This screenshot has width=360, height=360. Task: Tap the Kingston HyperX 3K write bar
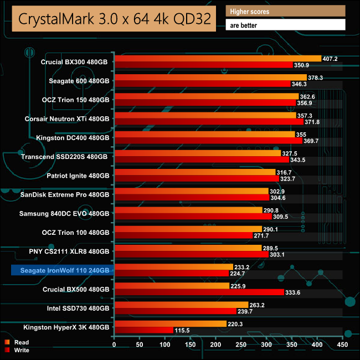[x=143, y=330]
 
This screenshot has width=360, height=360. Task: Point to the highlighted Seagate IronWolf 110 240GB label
[x=62, y=270]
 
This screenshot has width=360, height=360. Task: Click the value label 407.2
[x=331, y=58]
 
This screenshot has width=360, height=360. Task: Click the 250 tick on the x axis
[x=241, y=344]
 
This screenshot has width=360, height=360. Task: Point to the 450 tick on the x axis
[x=342, y=344]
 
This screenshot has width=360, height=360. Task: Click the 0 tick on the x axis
[x=114, y=344]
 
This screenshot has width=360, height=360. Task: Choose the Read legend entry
[x=21, y=342]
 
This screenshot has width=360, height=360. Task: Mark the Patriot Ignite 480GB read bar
[x=194, y=172]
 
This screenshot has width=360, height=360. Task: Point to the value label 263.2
[x=258, y=305]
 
